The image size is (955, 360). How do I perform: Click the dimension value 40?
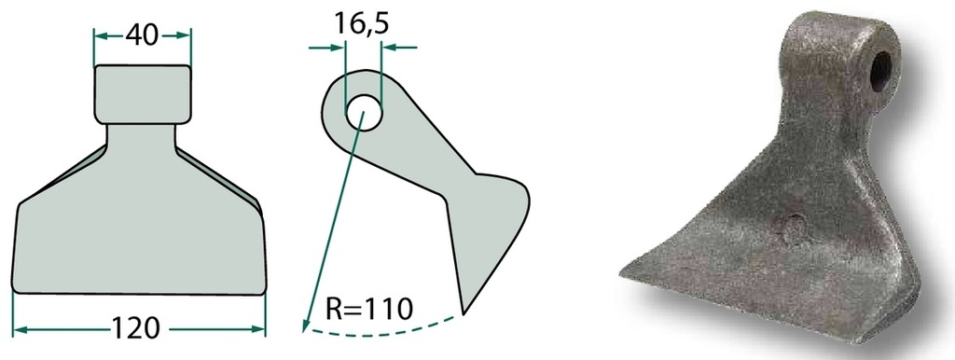[x=142, y=35]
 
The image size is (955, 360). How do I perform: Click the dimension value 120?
[x=135, y=329]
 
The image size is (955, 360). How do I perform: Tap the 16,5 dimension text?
[x=362, y=22]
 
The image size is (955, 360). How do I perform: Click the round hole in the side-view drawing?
[x=365, y=113]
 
